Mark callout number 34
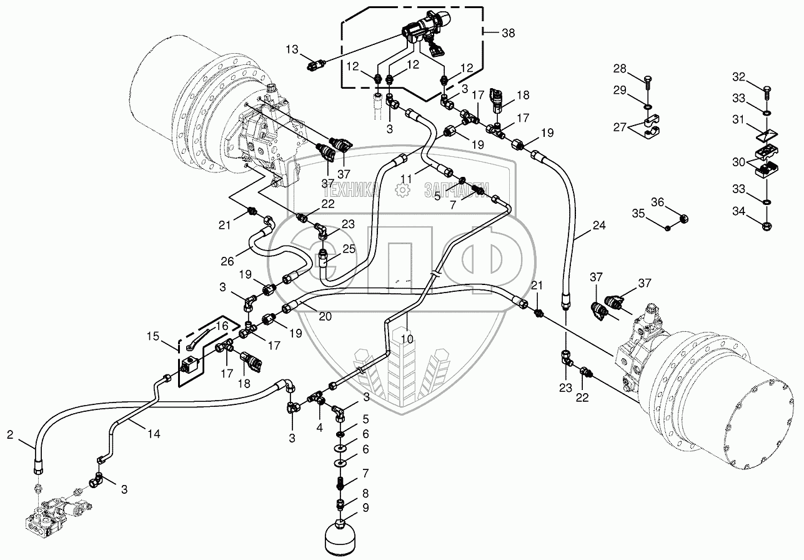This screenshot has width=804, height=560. pyautogui.click(x=739, y=212)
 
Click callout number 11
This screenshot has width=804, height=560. pyautogui.click(x=407, y=179)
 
